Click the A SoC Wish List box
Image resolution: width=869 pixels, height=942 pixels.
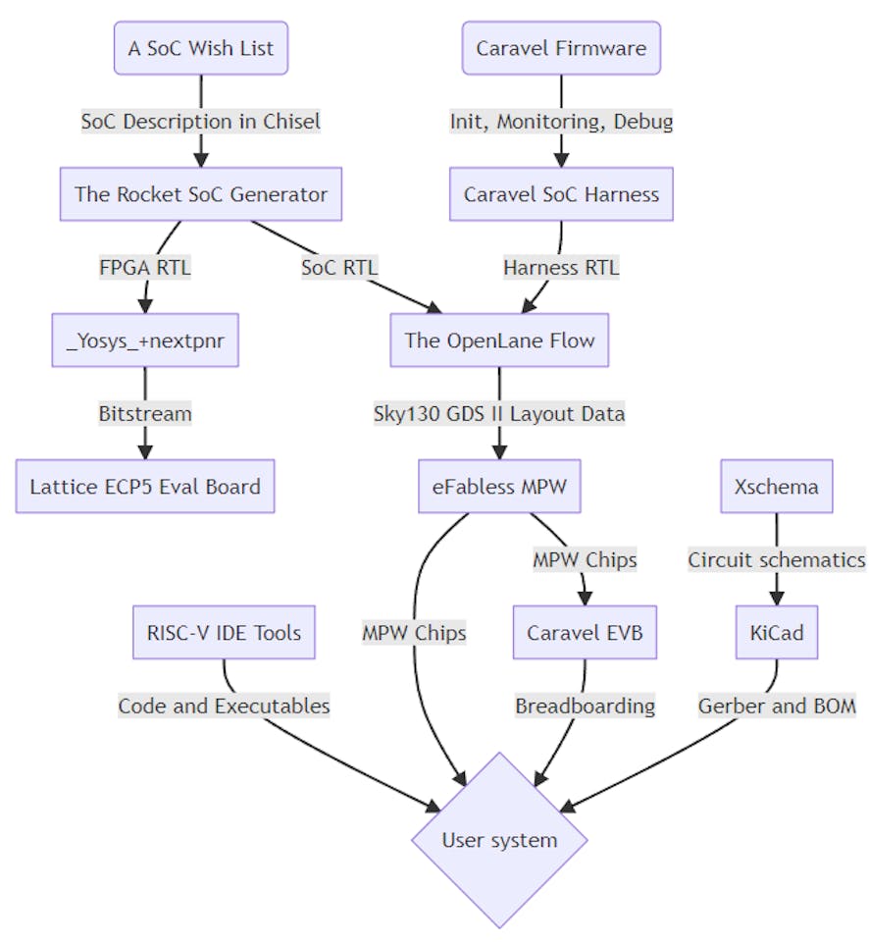pos(201,48)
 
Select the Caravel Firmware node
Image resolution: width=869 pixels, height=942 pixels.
pos(561,48)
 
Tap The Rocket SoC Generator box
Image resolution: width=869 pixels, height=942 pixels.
pos(201,193)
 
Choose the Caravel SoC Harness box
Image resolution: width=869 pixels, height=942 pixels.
pos(561,193)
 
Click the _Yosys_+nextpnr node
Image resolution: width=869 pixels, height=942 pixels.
pos(145,340)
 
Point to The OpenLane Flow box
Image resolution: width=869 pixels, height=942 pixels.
pos(499,340)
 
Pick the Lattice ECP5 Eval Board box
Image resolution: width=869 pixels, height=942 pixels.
pos(145,486)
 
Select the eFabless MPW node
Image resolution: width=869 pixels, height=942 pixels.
pos(499,486)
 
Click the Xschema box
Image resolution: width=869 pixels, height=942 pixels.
pos(776,486)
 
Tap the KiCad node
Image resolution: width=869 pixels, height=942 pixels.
pos(776,632)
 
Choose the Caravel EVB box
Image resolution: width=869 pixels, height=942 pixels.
pos(585,632)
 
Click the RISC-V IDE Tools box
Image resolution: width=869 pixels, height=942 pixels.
pos(224,632)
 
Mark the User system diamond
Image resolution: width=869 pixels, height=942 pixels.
pos(499,840)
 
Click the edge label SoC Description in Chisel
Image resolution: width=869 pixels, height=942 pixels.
pos(201,121)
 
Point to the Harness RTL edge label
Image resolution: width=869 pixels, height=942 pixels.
pos(561,266)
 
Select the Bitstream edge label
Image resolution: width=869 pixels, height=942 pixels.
pos(145,413)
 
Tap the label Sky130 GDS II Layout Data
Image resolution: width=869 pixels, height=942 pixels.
pos(499,413)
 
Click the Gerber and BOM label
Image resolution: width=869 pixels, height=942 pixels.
pos(776,705)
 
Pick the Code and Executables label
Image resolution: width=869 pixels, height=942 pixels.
pos(224,705)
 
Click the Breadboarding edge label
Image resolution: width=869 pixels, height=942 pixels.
pos(585,705)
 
